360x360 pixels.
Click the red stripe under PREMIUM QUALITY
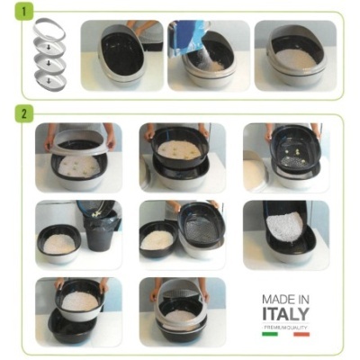click(x=301, y=333)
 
